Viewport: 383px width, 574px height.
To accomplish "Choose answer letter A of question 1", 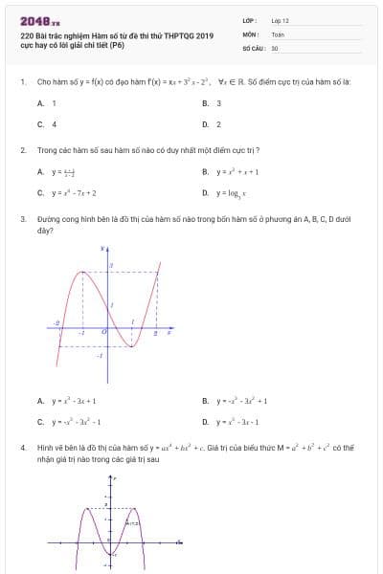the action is tap(40, 102).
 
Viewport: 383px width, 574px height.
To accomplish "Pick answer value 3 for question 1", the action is tap(218, 102).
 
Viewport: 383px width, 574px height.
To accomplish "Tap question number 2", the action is tap(22, 150).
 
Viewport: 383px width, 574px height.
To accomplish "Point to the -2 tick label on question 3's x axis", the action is tap(58, 324).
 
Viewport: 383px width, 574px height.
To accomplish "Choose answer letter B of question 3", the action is tap(205, 402).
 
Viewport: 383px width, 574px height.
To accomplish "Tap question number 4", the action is tap(22, 447).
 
